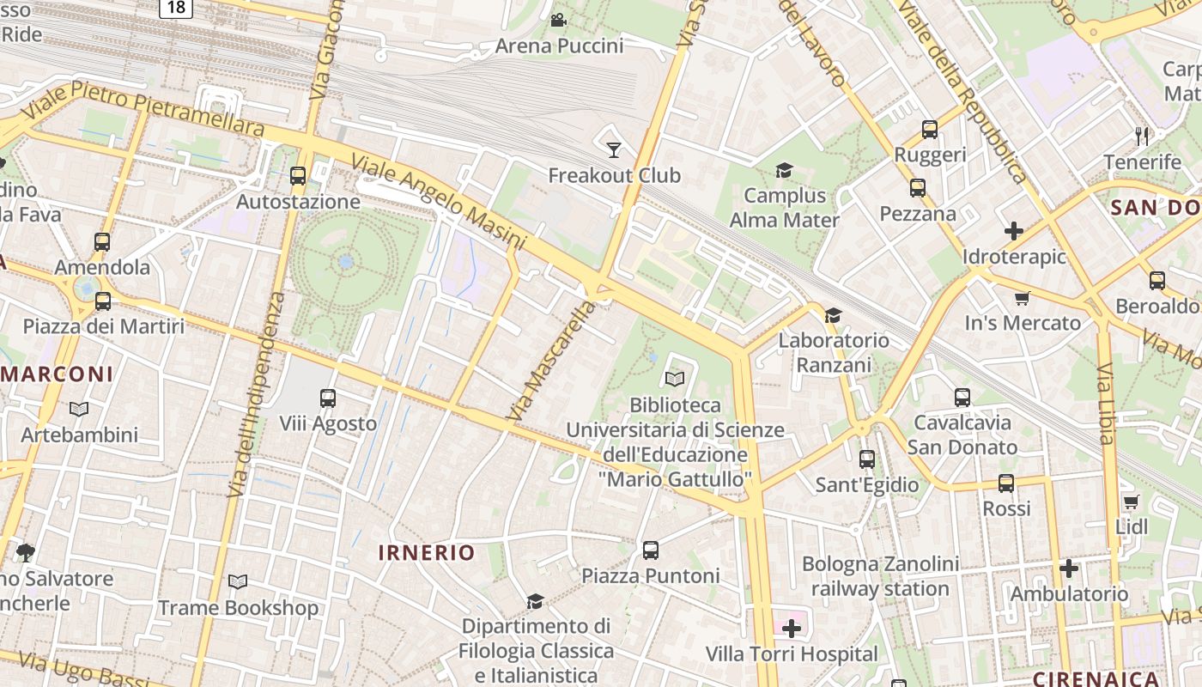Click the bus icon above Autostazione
point(298,176)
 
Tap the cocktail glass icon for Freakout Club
point(614,150)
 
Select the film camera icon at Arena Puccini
point(558,20)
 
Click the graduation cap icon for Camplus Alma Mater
point(783,170)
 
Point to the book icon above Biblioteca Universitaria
point(675,379)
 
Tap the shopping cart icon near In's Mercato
point(1022,298)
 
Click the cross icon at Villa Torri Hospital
point(792,629)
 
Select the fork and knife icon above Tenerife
point(1142,136)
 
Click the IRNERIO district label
point(427,552)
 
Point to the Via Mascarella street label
point(550,362)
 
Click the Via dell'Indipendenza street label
point(257,395)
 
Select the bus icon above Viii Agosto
point(327,398)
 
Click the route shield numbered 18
point(175,7)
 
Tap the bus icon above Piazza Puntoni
point(650,550)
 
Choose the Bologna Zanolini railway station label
point(880,576)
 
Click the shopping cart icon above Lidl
point(1131,502)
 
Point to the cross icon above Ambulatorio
point(1068,568)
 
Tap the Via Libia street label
point(1105,404)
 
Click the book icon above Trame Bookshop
point(238,582)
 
